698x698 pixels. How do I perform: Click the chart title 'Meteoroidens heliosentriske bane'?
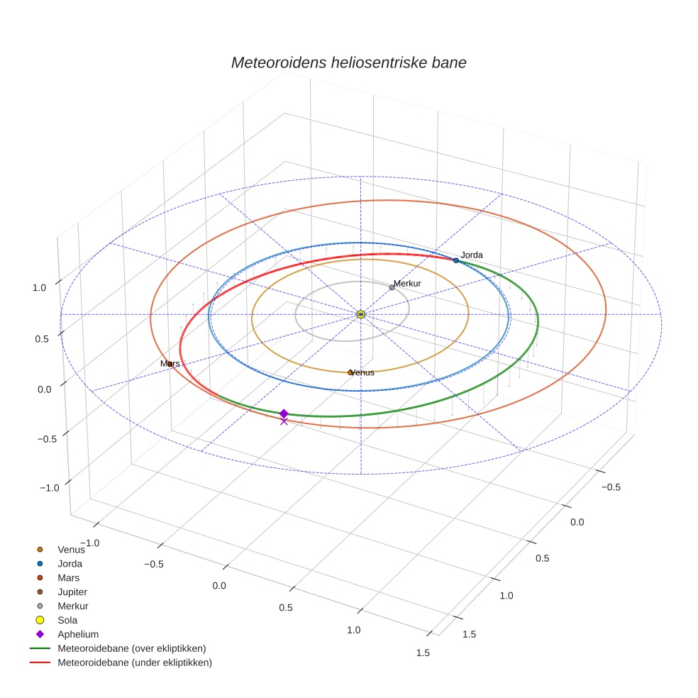point(348,62)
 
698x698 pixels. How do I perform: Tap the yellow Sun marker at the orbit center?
point(361,314)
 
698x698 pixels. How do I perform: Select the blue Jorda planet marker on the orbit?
point(456,260)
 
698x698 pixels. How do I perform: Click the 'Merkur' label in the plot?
point(407,284)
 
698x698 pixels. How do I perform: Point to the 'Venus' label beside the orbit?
point(362,372)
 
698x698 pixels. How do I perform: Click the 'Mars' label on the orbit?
point(170,364)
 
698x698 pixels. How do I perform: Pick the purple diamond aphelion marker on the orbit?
point(284,414)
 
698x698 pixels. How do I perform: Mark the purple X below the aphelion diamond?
point(284,421)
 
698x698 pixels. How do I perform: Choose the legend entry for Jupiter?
point(72,592)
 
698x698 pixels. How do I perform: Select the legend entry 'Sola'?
point(67,620)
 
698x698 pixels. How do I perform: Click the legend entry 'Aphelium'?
point(77,634)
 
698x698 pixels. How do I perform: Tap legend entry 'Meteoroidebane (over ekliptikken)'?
point(131,648)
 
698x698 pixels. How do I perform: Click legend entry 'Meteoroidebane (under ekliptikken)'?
point(134,663)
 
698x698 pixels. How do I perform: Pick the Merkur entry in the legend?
point(72,606)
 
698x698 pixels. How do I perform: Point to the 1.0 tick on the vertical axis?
point(39,287)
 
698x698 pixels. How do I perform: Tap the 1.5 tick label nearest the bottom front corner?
point(423,653)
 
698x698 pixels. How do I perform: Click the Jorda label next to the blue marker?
point(472,255)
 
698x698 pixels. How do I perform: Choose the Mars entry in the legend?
point(68,577)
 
